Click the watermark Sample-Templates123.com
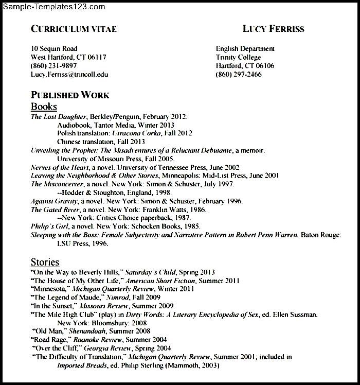pyautogui.click(x=53, y=7)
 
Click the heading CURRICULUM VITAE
pyautogui.click(x=74, y=29)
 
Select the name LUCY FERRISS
pyautogui.click(x=273, y=29)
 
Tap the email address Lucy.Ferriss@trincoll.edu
pyautogui.click(x=69, y=75)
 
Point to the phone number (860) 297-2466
pyautogui.click(x=239, y=75)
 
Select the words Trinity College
pyautogui.click(x=238, y=58)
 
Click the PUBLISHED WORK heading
pyautogui.click(x=70, y=95)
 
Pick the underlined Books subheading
pyautogui.click(x=44, y=107)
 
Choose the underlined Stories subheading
pyautogui.click(x=45, y=262)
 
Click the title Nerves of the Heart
pyautogui.click(x=60, y=167)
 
